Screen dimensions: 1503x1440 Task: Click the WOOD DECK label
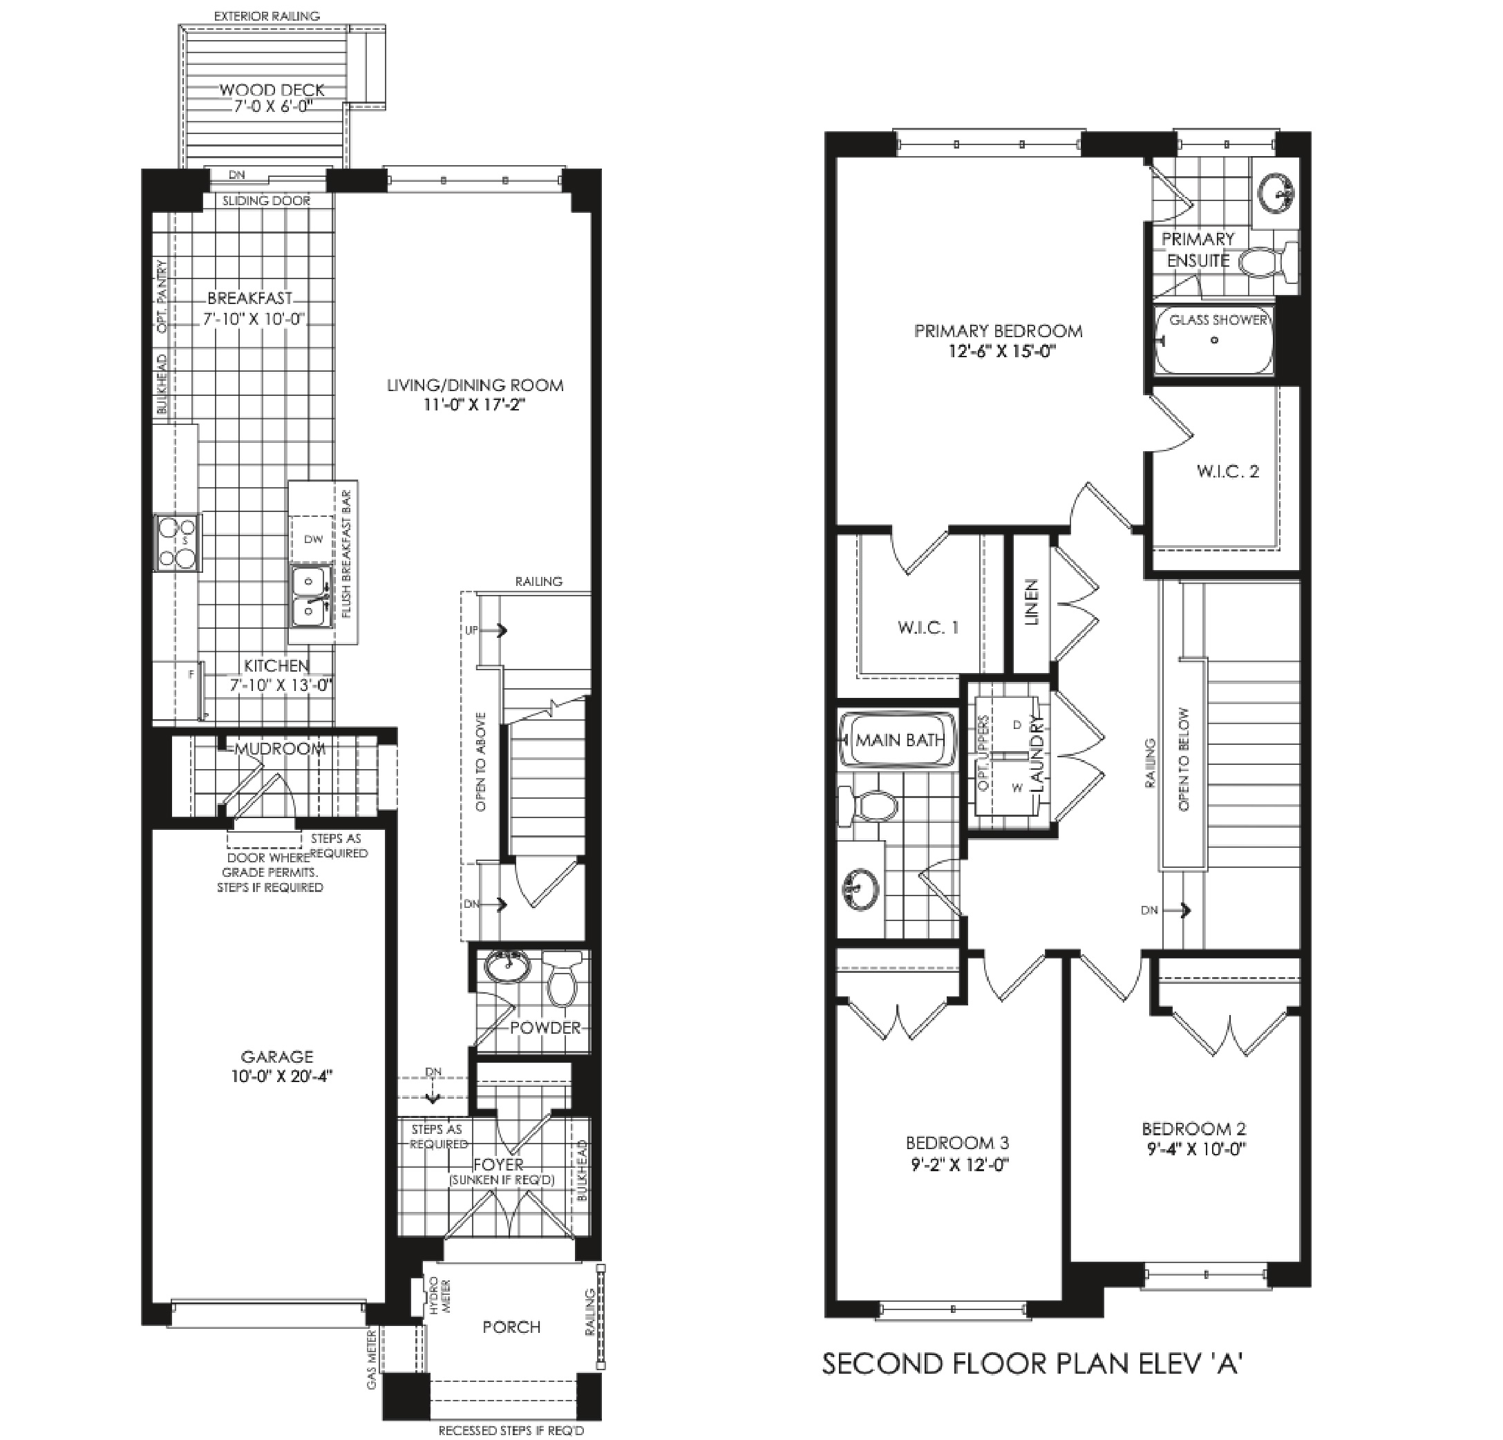[x=272, y=91]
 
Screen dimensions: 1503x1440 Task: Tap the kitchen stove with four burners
[x=178, y=542]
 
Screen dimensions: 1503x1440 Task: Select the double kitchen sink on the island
[x=310, y=596]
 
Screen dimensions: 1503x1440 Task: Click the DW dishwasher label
[x=314, y=539]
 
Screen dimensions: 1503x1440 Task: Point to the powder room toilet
[x=563, y=978]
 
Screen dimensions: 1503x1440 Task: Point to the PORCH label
[x=511, y=1327]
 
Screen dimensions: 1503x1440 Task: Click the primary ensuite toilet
[x=1267, y=264]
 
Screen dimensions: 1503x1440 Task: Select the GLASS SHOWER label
[x=1218, y=320]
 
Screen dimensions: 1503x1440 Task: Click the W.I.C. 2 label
[x=1228, y=471]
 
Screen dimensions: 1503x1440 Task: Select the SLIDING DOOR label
[x=267, y=201]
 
